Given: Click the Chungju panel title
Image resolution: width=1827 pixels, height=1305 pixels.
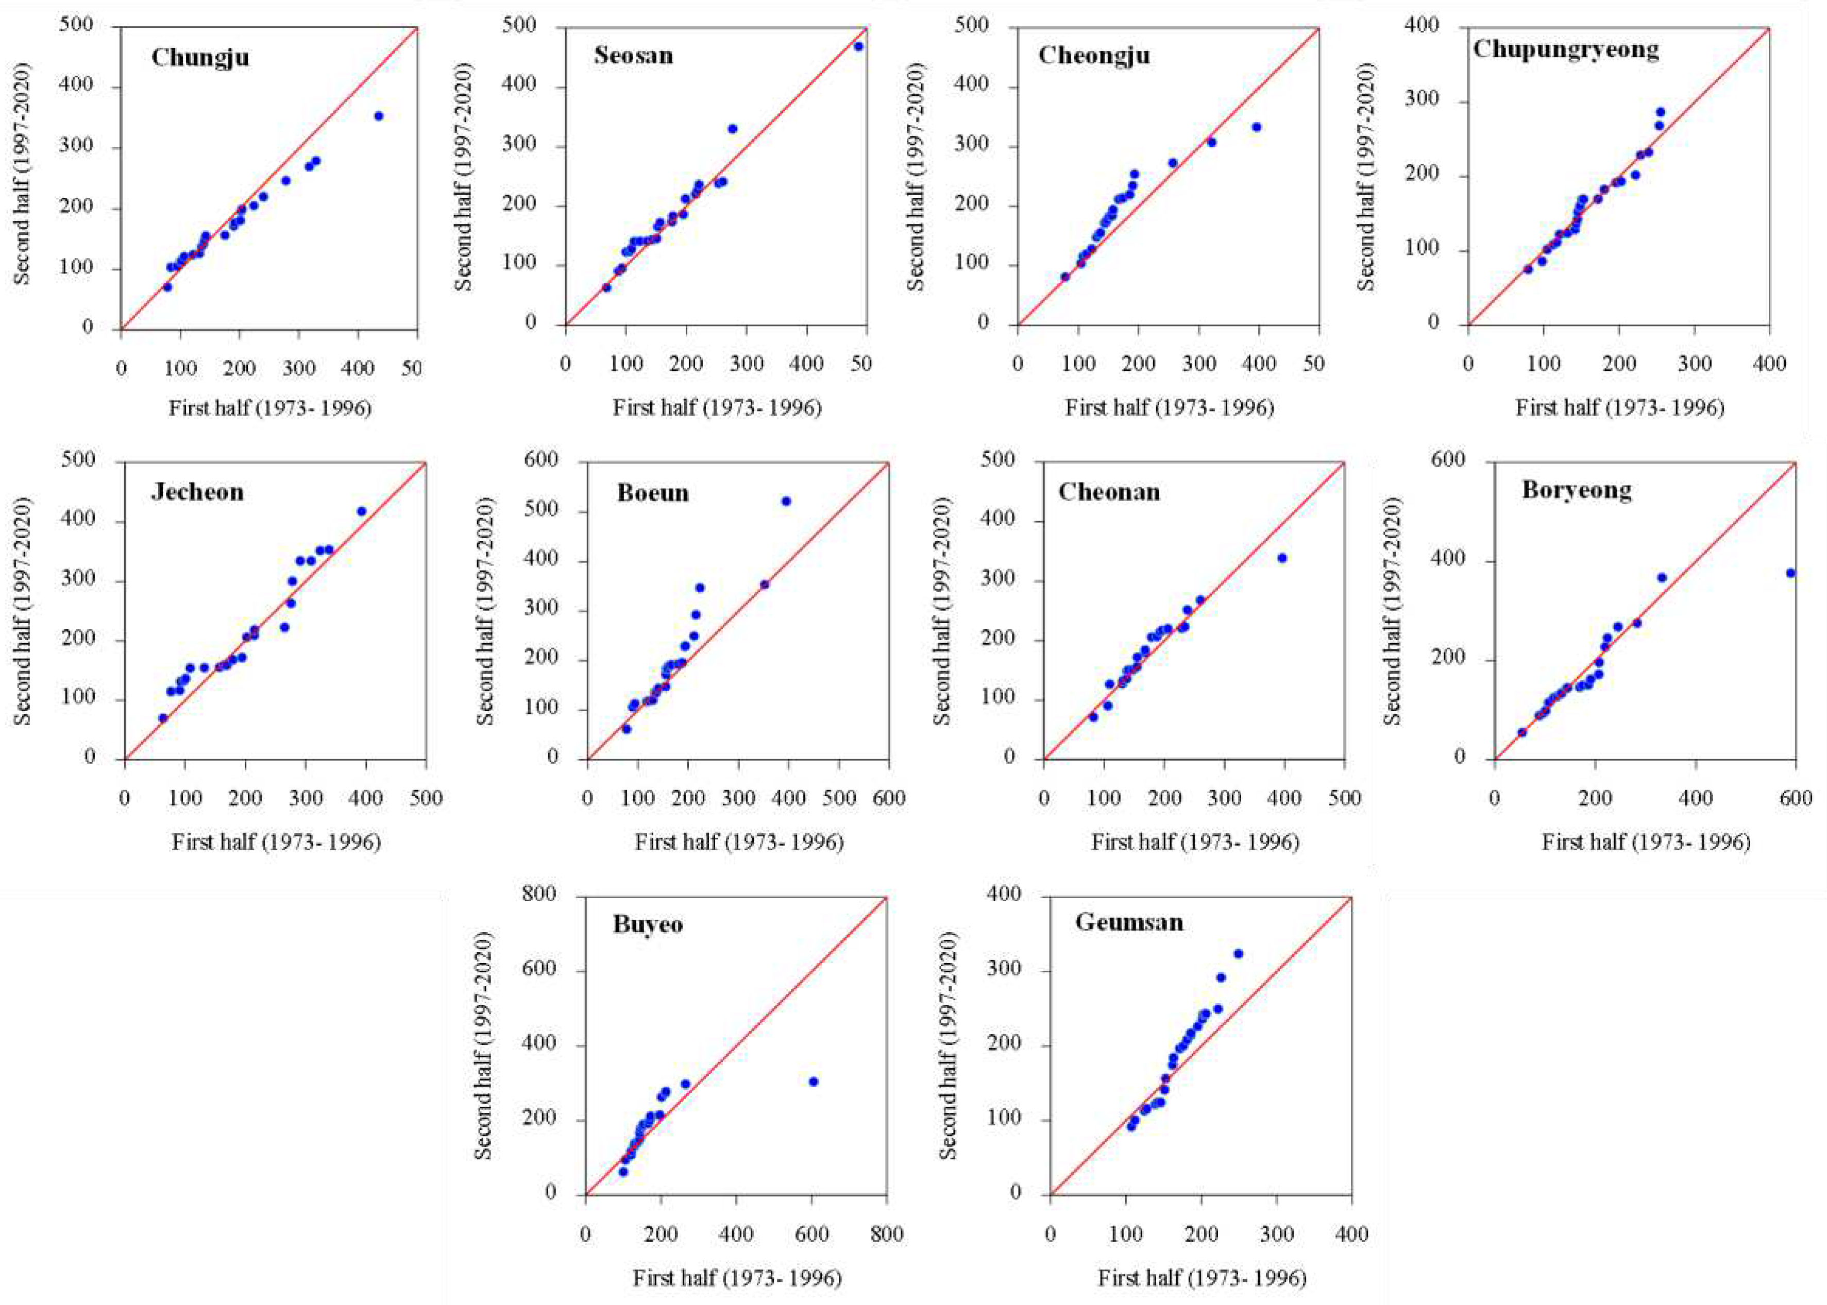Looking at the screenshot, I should click(x=200, y=58).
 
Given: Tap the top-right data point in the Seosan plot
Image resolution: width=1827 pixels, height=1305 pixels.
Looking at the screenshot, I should click(x=858, y=46).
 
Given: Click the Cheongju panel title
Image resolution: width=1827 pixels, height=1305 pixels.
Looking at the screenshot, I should click(x=1093, y=56).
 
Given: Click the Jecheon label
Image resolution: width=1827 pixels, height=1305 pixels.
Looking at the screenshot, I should click(x=197, y=492).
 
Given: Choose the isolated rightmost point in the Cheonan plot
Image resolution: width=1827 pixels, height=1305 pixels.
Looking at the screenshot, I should click(x=1282, y=558).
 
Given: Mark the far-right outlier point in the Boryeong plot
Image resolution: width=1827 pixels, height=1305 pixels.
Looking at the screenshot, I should click(x=1790, y=573).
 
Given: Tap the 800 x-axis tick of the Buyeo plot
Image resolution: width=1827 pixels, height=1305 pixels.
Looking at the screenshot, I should click(x=887, y=1233).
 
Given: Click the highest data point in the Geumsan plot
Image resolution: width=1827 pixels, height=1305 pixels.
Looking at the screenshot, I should click(x=1238, y=954).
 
